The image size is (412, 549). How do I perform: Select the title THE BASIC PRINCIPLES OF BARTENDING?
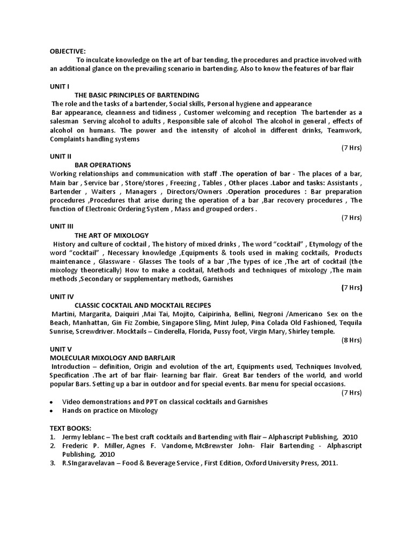pyautogui.click(x=137, y=95)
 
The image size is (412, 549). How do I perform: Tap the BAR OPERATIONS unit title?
pyautogui.click(x=102, y=165)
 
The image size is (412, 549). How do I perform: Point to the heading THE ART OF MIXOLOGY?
pyautogui.click(x=112, y=235)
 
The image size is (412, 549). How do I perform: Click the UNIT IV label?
pyautogui.click(x=62, y=296)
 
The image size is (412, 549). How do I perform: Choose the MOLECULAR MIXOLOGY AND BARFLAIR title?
pyautogui.click(x=113, y=357)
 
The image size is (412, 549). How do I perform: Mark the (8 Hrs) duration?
pyautogui.click(x=352, y=340)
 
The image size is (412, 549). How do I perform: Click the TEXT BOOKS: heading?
pyautogui.click(x=71, y=428)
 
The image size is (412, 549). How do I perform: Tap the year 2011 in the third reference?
pyautogui.click(x=329, y=463)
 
